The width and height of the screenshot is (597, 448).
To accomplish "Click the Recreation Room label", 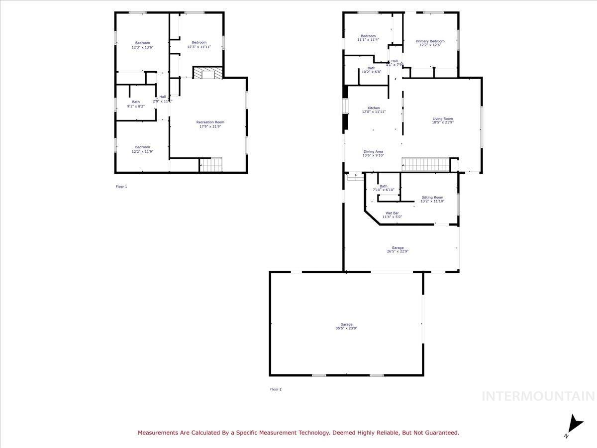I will (x=210, y=122).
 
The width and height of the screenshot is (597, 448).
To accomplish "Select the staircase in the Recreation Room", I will (x=210, y=164).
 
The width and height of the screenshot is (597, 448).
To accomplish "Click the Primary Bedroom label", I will (x=430, y=41).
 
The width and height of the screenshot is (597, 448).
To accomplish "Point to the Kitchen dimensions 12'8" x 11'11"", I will (x=374, y=112).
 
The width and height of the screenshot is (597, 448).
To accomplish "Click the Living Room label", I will (x=442, y=119).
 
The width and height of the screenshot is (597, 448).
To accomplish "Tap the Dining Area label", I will (x=373, y=151).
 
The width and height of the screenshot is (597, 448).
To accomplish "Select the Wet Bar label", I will (x=392, y=213).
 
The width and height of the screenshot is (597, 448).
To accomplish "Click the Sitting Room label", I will (x=432, y=198).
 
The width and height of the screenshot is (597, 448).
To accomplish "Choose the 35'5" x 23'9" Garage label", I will (x=346, y=325).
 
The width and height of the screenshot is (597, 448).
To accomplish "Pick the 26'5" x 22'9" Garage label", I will (x=398, y=248).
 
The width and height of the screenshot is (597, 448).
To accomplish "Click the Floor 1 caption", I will (x=121, y=187).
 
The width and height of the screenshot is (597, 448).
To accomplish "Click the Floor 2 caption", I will (x=276, y=389).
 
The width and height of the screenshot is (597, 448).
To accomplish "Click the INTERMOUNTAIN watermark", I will (x=538, y=396).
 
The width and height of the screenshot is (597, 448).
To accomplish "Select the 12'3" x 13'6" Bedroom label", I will (x=142, y=43).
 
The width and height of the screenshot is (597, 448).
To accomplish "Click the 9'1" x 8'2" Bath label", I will (x=136, y=102).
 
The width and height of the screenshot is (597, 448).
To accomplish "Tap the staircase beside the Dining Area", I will (x=425, y=164).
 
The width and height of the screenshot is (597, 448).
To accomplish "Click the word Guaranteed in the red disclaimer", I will (x=440, y=433).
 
